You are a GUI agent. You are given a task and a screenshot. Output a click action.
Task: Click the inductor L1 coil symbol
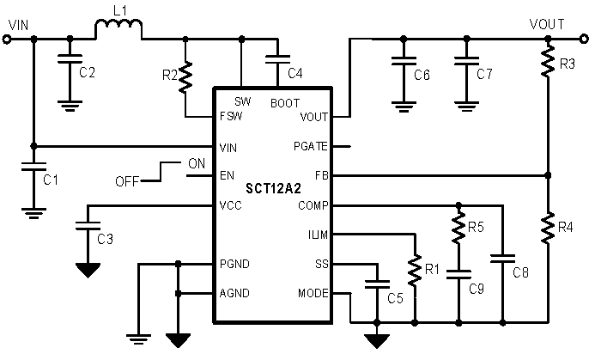tap(118, 31)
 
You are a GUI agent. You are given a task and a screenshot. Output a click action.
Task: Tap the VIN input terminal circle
tap(9, 39)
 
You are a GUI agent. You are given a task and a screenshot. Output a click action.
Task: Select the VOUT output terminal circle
tap(584, 39)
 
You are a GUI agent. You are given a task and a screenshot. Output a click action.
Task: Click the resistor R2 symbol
tap(185, 79)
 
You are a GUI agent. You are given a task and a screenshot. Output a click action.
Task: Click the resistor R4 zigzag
tap(547, 229)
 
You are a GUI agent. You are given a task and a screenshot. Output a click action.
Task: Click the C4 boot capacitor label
tap(294, 73)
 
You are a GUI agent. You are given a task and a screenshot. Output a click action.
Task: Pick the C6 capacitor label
tap(422, 75)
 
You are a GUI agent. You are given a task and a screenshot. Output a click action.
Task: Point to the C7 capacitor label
tap(484, 75)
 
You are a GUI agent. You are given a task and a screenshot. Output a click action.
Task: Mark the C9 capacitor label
tap(477, 290)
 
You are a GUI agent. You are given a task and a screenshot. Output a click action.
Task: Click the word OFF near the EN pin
tap(127, 181)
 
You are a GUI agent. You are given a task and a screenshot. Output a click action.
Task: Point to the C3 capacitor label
tap(105, 238)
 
